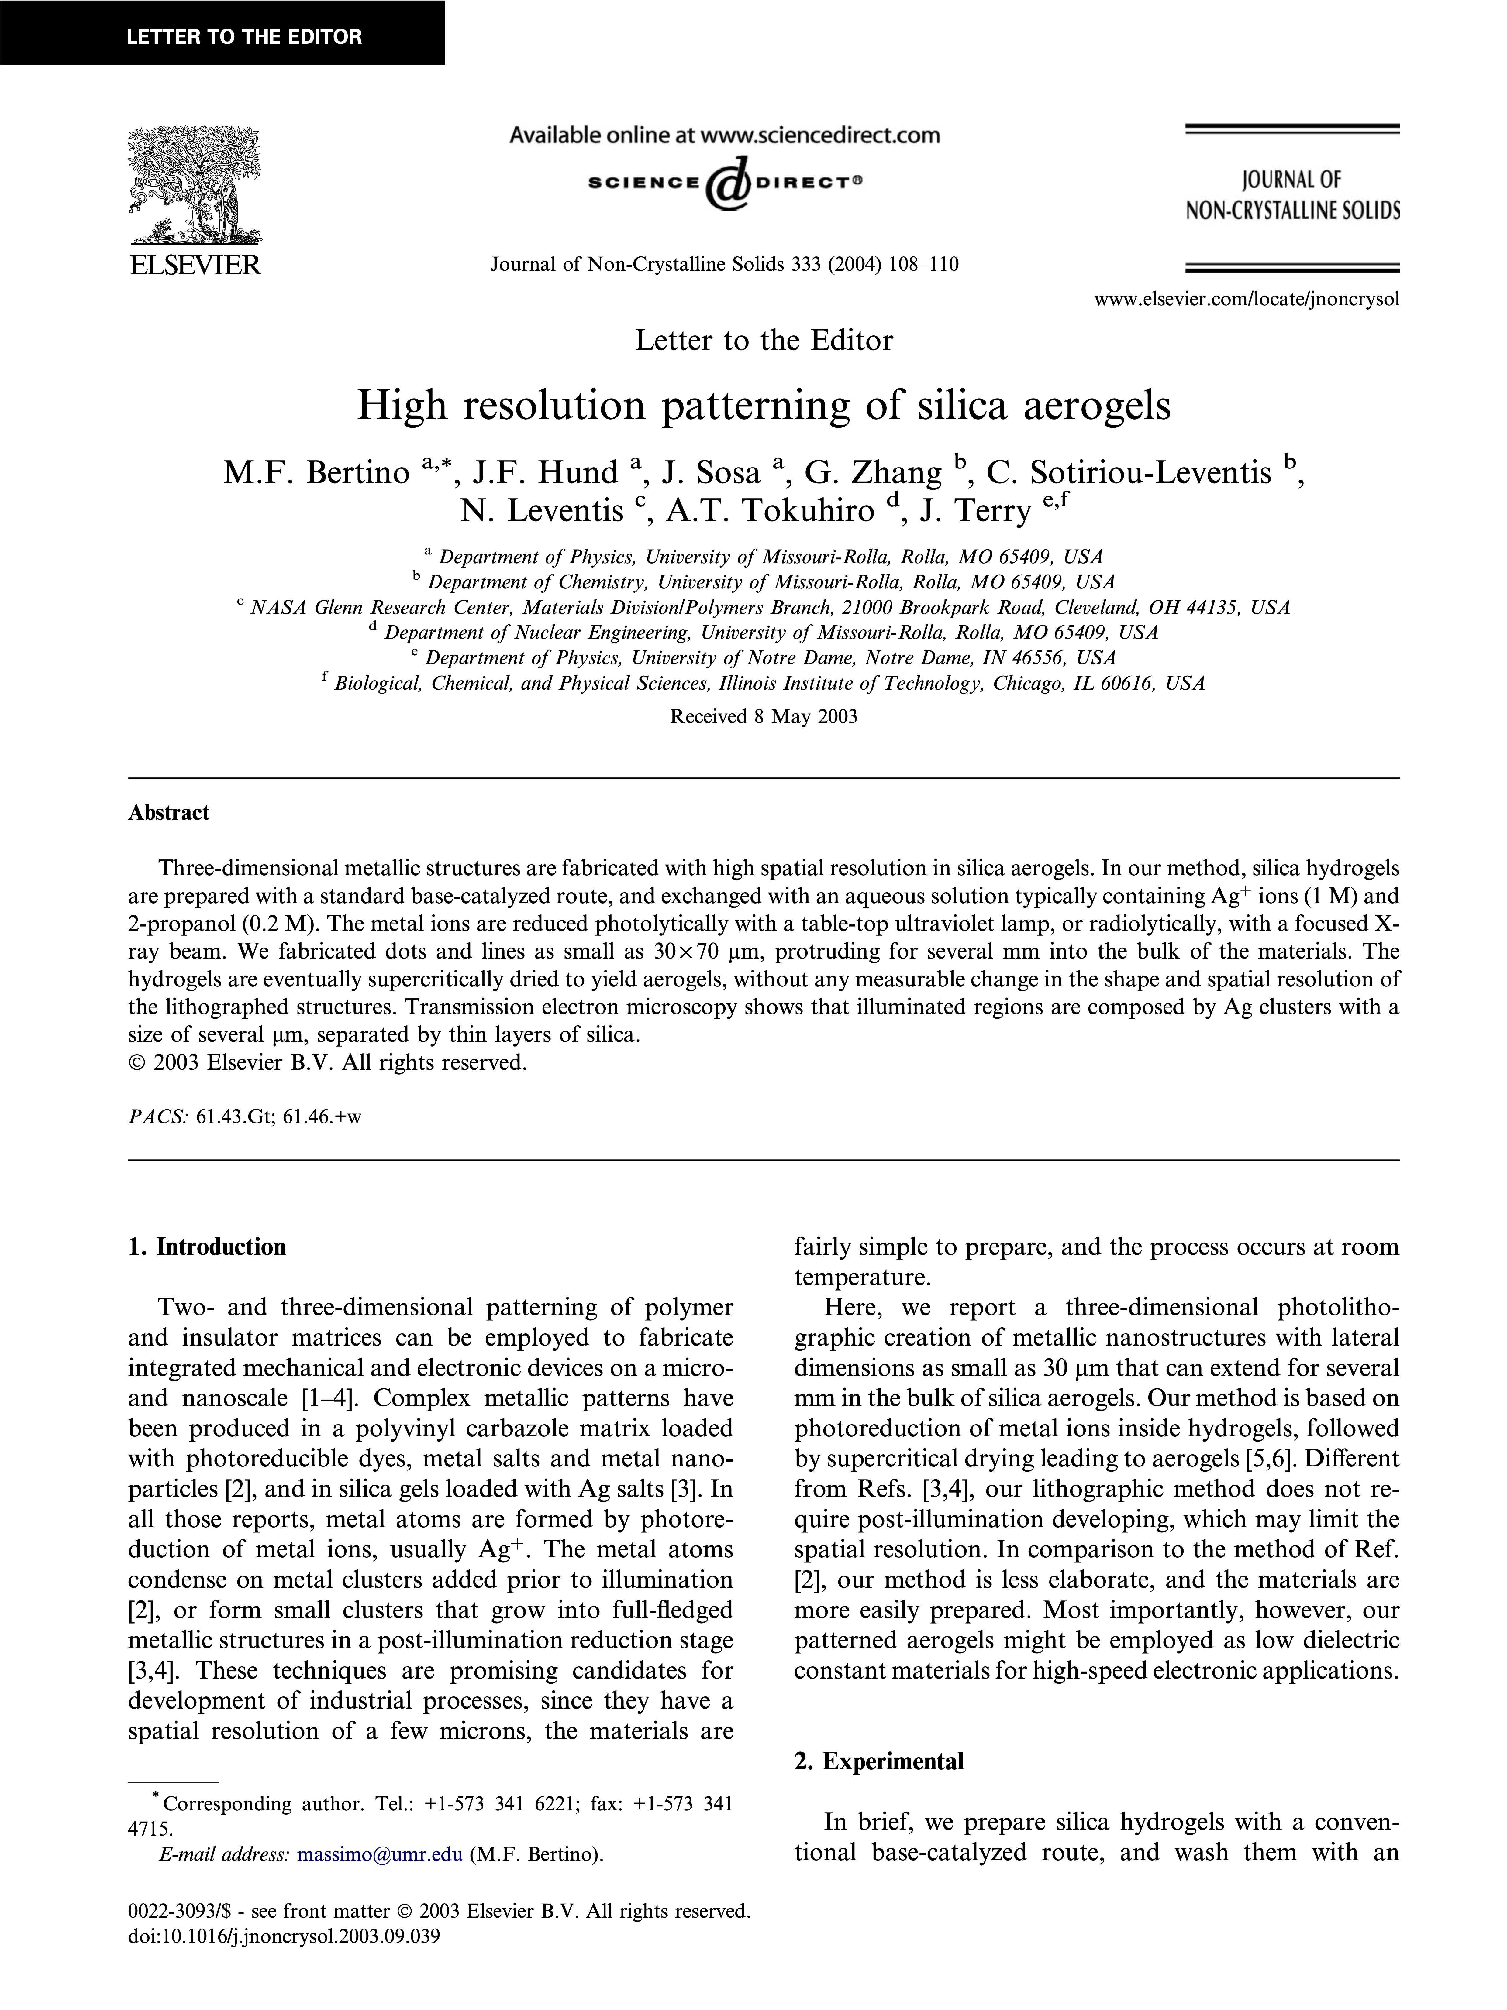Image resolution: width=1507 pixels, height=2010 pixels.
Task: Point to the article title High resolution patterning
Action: tap(764, 405)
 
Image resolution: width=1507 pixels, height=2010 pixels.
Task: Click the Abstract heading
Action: tap(169, 812)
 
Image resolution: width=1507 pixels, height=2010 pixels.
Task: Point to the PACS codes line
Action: tap(245, 1117)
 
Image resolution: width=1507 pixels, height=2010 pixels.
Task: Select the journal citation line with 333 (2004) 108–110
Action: tap(724, 264)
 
